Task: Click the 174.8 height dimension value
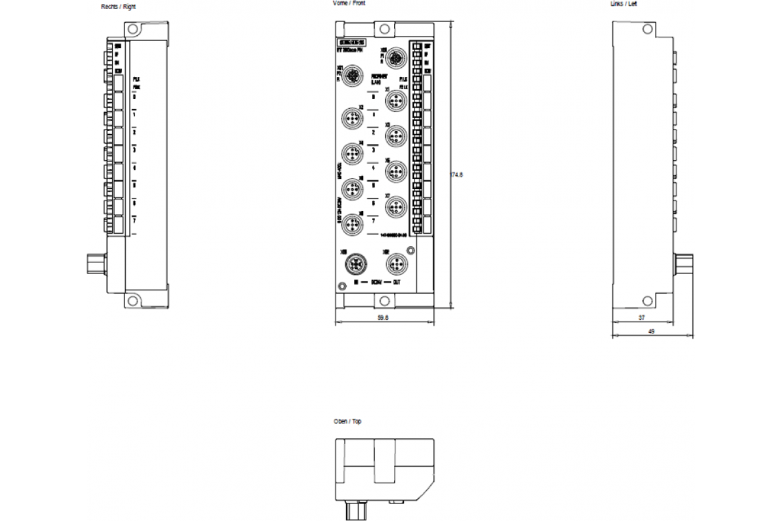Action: point(457,175)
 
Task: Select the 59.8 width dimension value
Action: point(384,318)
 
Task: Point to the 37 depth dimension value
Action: point(641,318)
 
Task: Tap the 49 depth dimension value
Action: point(651,331)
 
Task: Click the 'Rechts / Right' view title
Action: point(119,7)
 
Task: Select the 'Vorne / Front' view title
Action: point(349,3)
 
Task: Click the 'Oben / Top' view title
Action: point(347,422)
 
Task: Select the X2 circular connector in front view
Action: point(353,119)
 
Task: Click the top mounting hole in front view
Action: point(384,29)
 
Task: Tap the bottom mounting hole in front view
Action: point(384,300)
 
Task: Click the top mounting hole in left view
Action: point(647,29)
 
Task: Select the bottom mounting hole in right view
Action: point(133,300)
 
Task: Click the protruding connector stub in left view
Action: point(684,265)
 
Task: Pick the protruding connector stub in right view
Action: point(95,265)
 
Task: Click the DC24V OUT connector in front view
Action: point(395,264)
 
